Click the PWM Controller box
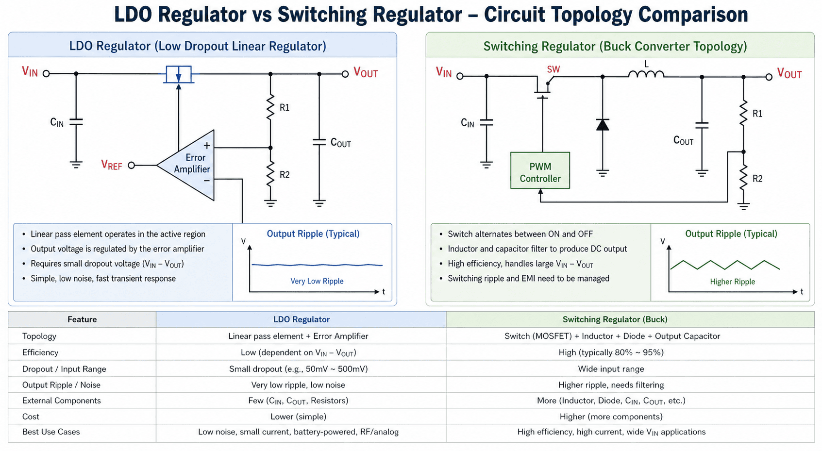pos(540,171)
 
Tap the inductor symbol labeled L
pos(646,74)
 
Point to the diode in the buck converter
pos(603,125)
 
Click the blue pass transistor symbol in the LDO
pos(178,74)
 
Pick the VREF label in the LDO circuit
pos(111,165)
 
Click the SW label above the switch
pos(553,69)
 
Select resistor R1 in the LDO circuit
pos(270,108)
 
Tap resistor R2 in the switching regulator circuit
pos(743,179)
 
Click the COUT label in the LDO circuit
pos(340,143)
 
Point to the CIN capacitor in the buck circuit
pos(486,123)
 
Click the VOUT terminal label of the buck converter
pos(789,74)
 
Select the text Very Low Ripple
pos(317,281)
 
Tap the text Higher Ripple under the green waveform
pos(732,282)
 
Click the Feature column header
pos(82,319)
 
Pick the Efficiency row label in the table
pos(40,352)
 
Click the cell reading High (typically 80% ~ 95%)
pos(611,352)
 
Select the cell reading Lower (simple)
pos(298,417)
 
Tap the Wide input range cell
pos(611,369)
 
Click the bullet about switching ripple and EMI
pos(528,279)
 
